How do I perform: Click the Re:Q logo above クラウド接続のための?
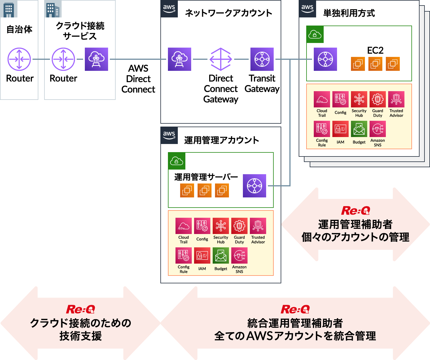(80, 309)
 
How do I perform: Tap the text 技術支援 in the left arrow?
(80, 336)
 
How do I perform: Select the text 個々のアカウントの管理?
(355, 237)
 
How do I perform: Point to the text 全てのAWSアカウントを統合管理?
(295, 336)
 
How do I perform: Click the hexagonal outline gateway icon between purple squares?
(221, 59)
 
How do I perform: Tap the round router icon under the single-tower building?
(19, 59)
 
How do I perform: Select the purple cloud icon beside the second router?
(96, 59)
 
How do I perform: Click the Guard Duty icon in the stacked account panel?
(378, 99)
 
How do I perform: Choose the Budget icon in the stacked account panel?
(359, 129)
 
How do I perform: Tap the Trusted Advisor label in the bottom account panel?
(258, 240)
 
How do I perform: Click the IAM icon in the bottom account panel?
(202, 255)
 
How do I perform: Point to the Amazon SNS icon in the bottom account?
(239, 255)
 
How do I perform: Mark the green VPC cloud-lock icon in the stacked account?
(315, 35)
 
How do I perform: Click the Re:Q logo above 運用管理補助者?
(355, 210)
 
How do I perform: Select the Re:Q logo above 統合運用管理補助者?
(295, 309)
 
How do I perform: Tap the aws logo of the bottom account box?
(169, 135)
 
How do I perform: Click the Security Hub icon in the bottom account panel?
(221, 226)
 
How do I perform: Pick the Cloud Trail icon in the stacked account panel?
(322, 99)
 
